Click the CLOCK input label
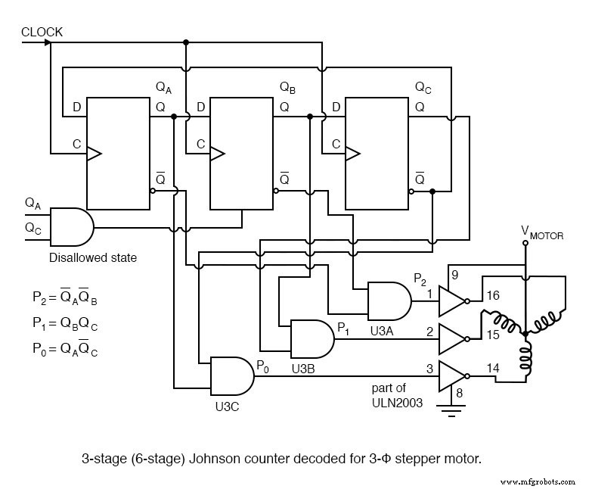point(42,32)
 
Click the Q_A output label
point(163,88)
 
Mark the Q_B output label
point(287,88)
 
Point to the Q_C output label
point(423,88)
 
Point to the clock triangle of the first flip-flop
point(94,154)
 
